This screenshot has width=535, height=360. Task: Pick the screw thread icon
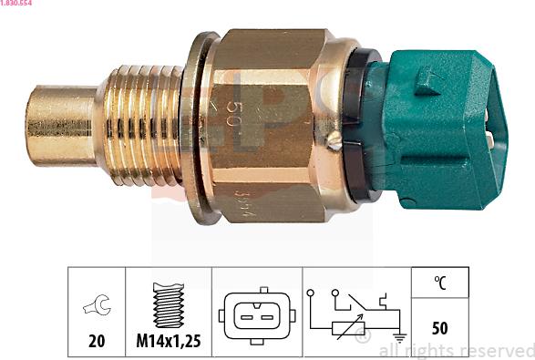pyautogui.click(x=169, y=303)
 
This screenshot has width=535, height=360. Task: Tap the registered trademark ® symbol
pyautogui.click(x=364, y=338)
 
